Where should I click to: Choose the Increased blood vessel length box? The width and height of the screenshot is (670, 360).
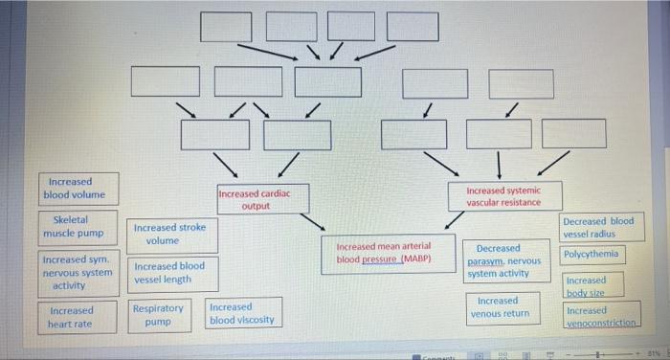[169, 272]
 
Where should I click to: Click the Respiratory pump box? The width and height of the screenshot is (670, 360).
[158, 315]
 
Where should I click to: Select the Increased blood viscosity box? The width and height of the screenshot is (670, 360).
[243, 313]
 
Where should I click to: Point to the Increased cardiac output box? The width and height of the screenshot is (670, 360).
[256, 199]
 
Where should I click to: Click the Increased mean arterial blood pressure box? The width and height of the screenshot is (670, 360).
[383, 253]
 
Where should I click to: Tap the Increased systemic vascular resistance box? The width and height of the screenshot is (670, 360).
[503, 196]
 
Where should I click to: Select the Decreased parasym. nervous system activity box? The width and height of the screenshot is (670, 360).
[503, 260]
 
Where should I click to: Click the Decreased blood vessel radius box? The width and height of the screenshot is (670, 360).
[598, 227]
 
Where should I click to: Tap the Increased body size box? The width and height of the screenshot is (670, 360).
[586, 285]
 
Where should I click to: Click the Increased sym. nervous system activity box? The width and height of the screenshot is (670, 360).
[77, 271]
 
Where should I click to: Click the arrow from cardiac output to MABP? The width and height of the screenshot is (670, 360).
[313, 222]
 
